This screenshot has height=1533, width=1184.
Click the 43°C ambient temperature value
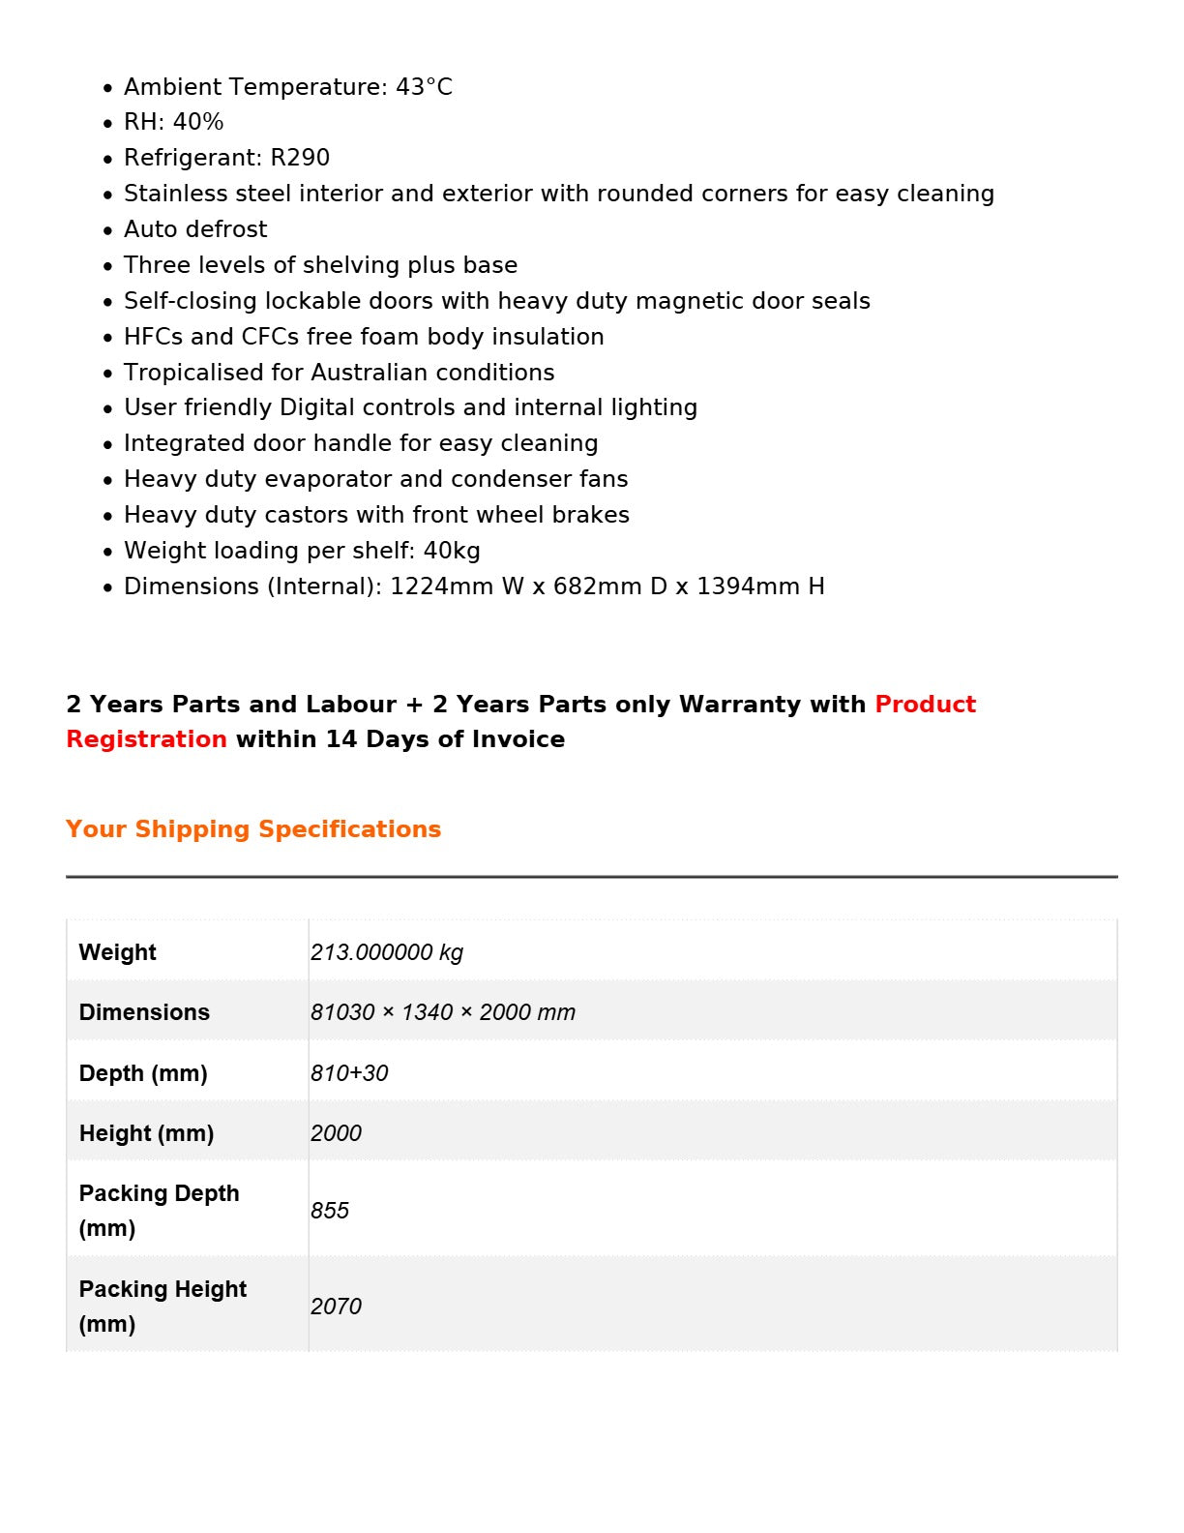click(424, 87)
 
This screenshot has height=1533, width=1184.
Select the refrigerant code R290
click(300, 158)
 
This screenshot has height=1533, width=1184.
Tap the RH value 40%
click(198, 122)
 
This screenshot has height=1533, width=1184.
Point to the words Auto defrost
click(195, 229)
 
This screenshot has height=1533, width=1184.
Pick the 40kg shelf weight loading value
click(452, 551)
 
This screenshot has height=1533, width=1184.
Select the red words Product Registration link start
click(925, 705)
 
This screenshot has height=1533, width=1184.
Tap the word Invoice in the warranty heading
click(518, 739)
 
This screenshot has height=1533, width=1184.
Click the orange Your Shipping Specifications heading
click(253, 829)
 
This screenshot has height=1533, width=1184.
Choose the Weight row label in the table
click(118, 952)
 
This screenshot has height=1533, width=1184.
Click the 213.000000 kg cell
click(387, 952)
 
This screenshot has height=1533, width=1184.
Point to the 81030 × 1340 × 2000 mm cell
click(443, 1012)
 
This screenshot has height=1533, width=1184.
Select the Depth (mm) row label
click(143, 1073)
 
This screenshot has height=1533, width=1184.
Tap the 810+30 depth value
click(349, 1073)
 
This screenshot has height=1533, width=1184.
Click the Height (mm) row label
click(146, 1133)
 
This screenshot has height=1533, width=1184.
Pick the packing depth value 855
click(330, 1211)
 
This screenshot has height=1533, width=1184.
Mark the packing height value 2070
click(336, 1307)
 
